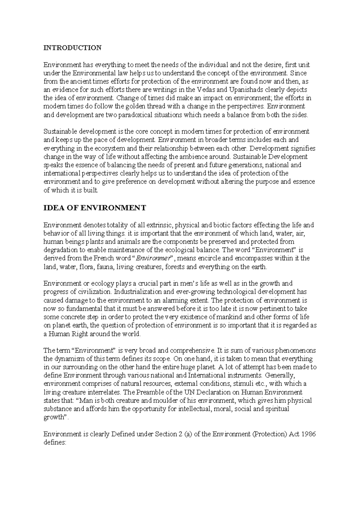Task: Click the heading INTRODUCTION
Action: (73, 48)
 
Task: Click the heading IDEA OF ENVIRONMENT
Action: (95, 208)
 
